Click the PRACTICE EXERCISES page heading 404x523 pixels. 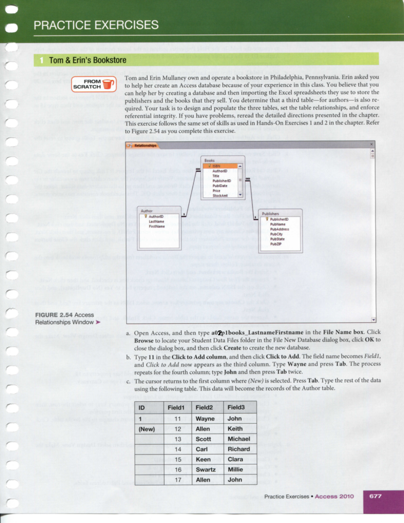click(x=96, y=25)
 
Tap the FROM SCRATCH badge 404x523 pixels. click(x=94, y=84)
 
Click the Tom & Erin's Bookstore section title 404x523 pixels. click(x=88, y=60)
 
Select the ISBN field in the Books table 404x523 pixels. click(x=216, y=166)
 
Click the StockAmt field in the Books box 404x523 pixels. click(x=220, y=196)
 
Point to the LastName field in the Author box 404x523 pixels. click(x=156, y=222)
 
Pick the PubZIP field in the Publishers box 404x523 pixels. click(x=276, y=244)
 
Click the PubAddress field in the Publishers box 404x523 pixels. click(x=279, y=229)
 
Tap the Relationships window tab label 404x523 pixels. click(x=145, y=145)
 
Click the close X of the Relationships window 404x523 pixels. click(x=372, y=144)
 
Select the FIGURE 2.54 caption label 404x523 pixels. click(x=54, y=315)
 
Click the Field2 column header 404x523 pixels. click(x=204, y=407)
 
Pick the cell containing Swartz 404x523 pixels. click(x=205, y=470)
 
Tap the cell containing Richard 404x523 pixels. click(x=239, y=449)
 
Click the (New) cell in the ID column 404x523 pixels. click(x=146, y=429)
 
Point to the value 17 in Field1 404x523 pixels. click(x=178, y=480)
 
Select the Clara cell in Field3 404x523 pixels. click(x=235, y=459)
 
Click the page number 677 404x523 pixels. click(x=375, y=496)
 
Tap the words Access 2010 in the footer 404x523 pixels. click(x=334, y=496)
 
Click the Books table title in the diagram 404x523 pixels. click(x=209, y=161)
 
